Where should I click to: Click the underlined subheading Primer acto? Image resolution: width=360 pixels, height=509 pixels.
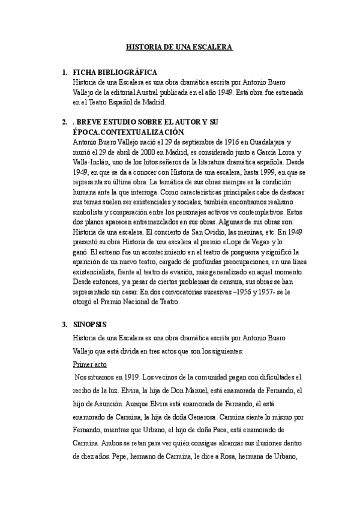click(x=89, y=364)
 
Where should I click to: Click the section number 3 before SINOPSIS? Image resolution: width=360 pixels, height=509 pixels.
click(x=64, y=324)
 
